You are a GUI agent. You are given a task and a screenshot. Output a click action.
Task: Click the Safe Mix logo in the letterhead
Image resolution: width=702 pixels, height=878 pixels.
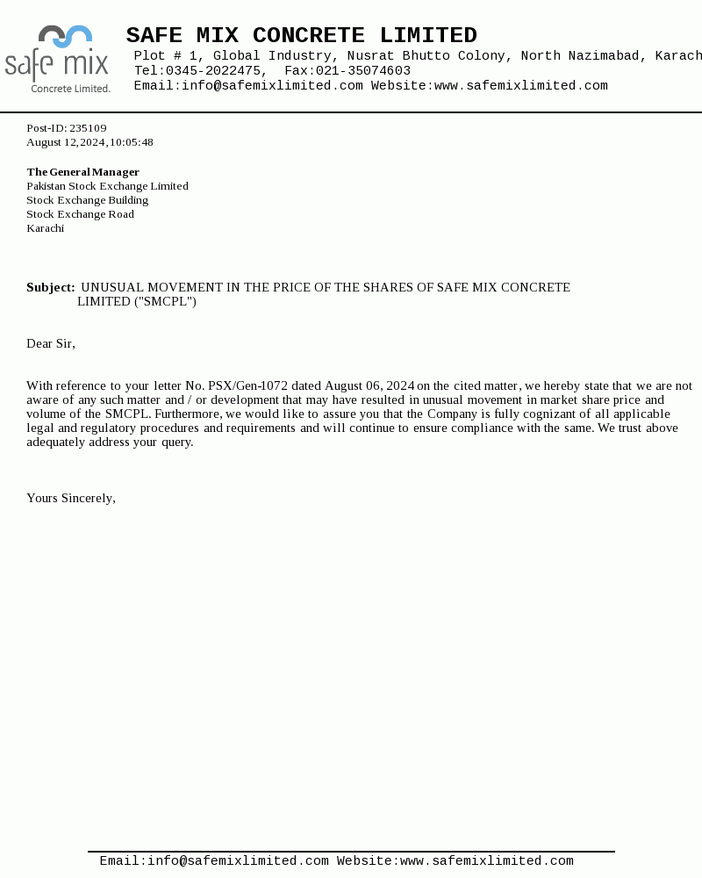coord(57,59)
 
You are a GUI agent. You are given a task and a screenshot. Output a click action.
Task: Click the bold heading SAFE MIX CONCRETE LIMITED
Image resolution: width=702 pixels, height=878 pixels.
coord(301,36)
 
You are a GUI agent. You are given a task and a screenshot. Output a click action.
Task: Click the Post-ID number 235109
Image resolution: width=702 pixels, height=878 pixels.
coord(88,128)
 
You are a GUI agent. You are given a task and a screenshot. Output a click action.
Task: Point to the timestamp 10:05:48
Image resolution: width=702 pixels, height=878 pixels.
coord(132,142)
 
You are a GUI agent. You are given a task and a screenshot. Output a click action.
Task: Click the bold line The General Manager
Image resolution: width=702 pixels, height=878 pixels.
coord(82,172)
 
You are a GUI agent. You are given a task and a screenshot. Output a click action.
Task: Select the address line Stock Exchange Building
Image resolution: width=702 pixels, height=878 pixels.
coord(87,200)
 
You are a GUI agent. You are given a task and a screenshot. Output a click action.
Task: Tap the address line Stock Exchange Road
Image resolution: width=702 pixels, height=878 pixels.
coord(80,214)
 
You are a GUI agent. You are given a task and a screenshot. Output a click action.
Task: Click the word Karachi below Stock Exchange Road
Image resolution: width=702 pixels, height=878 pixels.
coord(45,228)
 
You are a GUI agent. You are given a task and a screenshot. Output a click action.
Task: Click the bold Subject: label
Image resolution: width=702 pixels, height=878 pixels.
coord(51,288)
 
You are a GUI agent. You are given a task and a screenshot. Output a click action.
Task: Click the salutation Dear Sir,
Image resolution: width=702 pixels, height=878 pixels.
coord(51,344)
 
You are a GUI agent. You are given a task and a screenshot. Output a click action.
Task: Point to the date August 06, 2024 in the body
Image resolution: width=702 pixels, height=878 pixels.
coord(369,386)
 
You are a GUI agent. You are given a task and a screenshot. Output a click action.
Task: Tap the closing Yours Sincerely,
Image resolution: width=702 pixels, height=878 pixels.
coord(71,499)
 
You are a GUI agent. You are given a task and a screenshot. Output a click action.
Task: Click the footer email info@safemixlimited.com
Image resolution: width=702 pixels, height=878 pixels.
coord(238,862)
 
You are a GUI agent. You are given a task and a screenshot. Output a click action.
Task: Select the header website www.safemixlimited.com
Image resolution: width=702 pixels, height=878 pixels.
coord(520,86)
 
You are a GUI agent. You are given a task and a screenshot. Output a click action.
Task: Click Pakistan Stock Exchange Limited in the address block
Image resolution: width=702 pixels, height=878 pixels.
coord(107,186)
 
